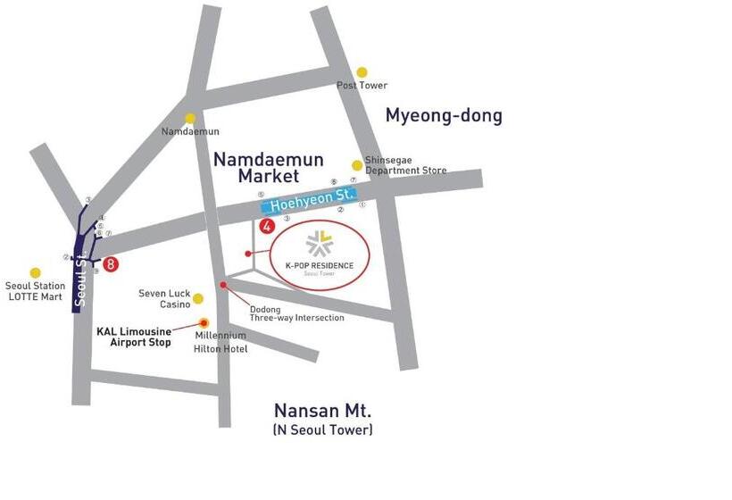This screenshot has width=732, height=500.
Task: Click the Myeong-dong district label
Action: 444,116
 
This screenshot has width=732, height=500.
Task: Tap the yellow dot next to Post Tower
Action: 362,72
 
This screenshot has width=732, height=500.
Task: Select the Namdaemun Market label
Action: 268,168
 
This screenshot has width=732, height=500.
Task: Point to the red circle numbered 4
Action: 265,227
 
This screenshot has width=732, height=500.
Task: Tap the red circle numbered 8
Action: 111,263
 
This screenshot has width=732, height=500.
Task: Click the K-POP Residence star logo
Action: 319,243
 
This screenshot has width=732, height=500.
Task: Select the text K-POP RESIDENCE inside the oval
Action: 320,265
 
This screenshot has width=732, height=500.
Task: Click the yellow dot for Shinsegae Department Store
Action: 357,165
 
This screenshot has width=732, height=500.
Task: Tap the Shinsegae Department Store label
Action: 405,165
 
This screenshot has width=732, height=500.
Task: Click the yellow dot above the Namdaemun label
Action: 190,118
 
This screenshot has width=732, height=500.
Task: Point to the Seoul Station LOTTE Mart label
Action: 35,291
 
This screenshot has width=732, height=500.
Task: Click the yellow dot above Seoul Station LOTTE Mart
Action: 35,272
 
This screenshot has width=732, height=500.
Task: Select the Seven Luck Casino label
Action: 164,298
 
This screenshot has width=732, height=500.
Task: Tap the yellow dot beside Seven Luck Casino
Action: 198,298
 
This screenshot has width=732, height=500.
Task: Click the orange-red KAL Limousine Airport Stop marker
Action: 204,323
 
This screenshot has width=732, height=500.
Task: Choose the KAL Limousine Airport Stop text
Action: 133,337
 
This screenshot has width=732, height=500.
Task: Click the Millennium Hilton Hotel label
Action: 220,342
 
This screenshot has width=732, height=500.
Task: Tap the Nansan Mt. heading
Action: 322,412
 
